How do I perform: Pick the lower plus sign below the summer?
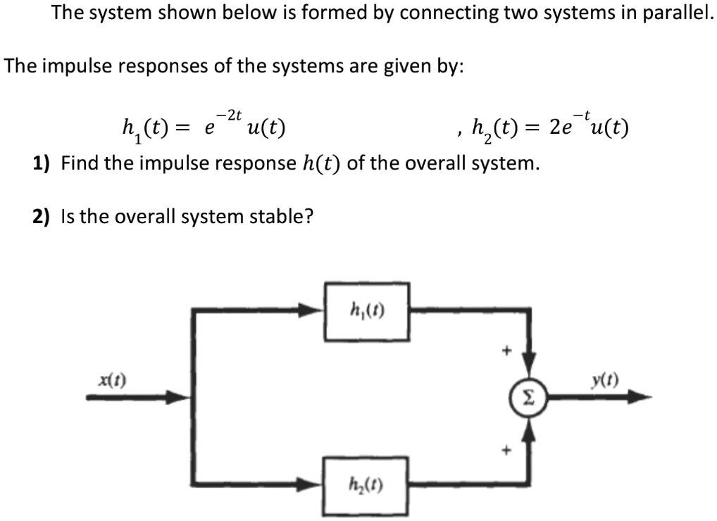tap(504, 448)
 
